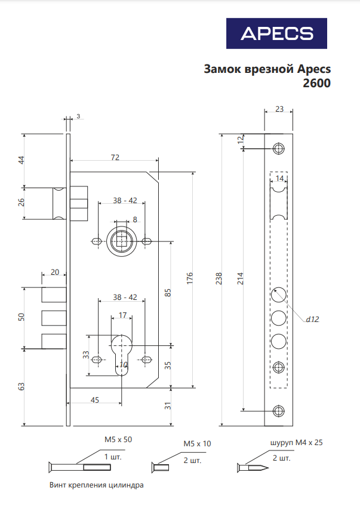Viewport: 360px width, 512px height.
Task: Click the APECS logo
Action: coord(276,33)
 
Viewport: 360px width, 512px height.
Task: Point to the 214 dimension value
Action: coord(241,278)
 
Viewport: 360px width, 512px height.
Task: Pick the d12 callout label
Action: coord(312,319)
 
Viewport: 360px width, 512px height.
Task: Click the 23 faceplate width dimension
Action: coord(279,109)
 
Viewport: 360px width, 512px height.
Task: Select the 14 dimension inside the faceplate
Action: coord(279,178)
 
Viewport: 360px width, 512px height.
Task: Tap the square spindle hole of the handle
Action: coord(121,242)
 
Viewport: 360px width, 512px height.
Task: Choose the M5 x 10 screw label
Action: coord(197,444)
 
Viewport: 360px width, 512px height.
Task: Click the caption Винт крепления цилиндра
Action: coord(97,485)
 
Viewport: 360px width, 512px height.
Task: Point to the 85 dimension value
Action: coord(168,293)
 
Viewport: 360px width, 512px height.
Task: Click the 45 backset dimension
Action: coord(94,400)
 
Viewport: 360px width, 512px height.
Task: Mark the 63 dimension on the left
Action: coord(22,387)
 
